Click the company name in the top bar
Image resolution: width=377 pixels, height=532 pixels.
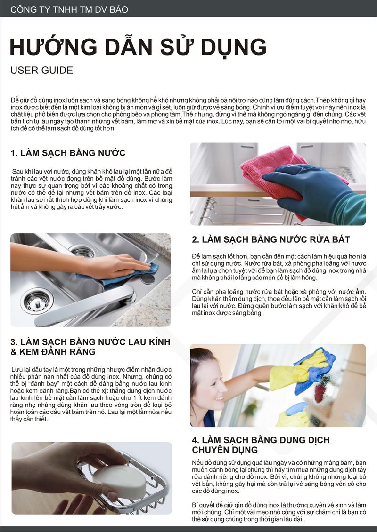[x=69, y=9]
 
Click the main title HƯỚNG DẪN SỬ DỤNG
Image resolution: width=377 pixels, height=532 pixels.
[x=138, y=47]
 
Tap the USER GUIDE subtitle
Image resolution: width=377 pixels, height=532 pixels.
[x=42, y=70]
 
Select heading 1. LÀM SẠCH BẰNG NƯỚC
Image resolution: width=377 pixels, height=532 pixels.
[x=68, y=153]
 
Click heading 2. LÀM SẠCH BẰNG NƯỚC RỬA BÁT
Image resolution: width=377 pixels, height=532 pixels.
[x=271, y=239]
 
